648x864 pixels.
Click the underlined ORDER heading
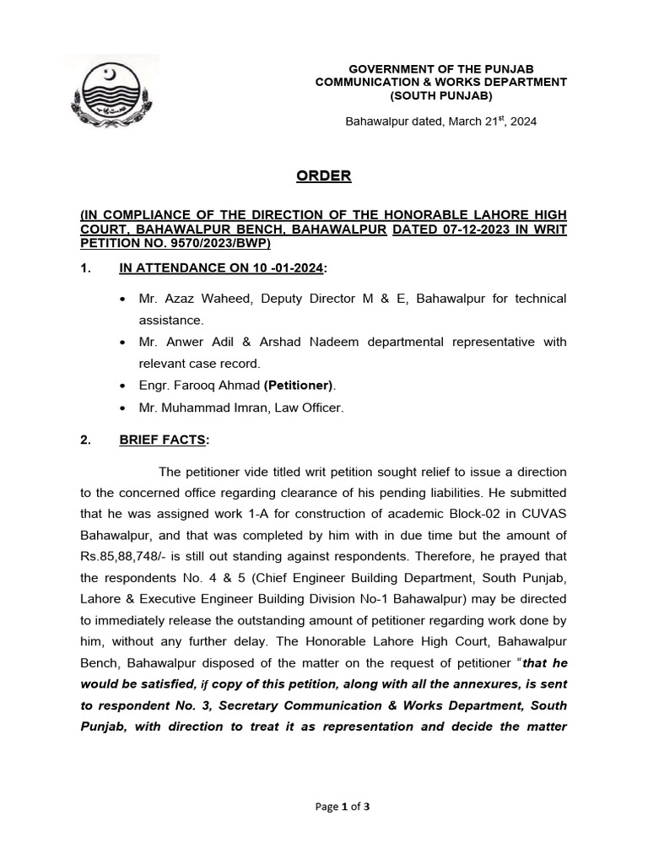pyautogui.click(x=323, y=176)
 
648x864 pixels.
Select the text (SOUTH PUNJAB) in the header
pyautogui.click(x=440, y=96)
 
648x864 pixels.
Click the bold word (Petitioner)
pyautogui.click(x=299, y=386)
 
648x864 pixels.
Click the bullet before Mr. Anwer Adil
pyautogui.click(x=124, y=343)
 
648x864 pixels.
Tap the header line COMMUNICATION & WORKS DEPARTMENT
pyautogui.click(x=440, y=82)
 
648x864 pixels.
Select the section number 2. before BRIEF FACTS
pyautogui.click(x=84, y=440)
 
